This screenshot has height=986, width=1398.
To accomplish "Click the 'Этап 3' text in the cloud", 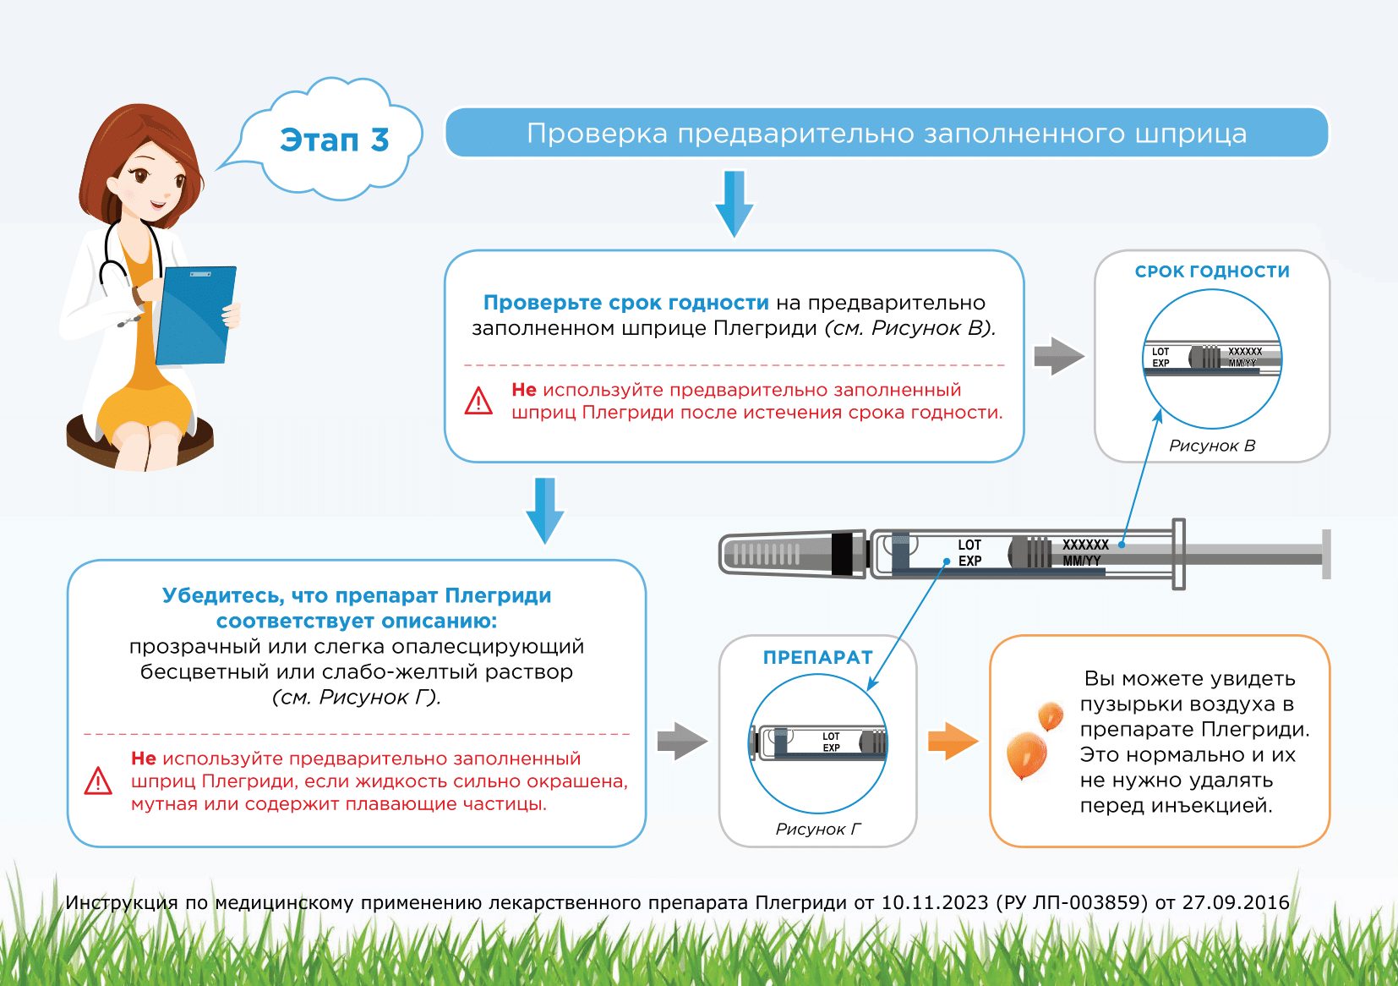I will tap(335, 140).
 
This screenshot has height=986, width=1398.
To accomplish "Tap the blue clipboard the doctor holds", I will tap(195, 315).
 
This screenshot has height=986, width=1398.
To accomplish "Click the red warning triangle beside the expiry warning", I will tap(478, 401).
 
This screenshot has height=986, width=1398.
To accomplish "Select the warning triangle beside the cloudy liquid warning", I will tap(98, 781).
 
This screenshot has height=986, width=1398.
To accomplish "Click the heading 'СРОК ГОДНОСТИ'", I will tap(1212, 271).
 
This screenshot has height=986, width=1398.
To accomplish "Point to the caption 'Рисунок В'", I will tap(1212, 446).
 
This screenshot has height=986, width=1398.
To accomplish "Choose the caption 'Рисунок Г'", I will tap(818, 829).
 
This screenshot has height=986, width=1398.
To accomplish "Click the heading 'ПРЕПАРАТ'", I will tap(817, 657).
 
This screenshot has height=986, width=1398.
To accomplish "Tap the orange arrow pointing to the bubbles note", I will tap(952, 742).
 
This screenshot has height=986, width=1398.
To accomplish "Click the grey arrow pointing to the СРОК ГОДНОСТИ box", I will tap(1058, 356).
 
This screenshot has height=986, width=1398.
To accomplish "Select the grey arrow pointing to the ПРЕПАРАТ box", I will tap(681, 742).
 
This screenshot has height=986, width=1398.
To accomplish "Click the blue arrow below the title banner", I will tap(734, 203).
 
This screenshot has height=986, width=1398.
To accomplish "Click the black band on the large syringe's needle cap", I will tap(842, 555).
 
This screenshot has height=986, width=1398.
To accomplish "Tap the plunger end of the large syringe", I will tap(1326, 555).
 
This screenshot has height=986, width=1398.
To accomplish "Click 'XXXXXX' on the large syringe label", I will tap(1085, 545).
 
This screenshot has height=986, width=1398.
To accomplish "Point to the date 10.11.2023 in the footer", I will tap(934, 903).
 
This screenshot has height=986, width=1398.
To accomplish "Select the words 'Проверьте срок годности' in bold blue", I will tap(625, 303).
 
